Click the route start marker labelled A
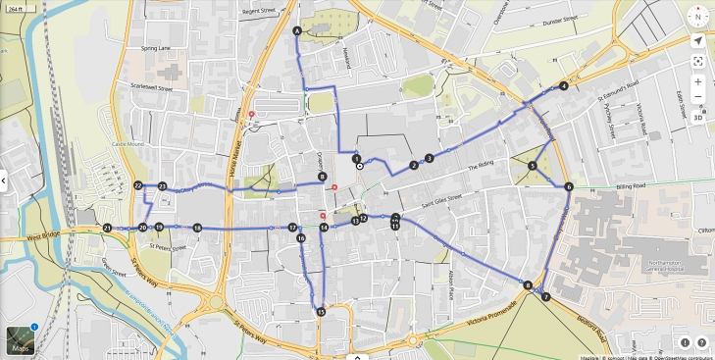pos(297,31)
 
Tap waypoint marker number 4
pos(564,86)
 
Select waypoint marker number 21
pos(106,228)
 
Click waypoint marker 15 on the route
pos(321,312)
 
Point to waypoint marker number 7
pos(546,296)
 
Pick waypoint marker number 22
pos(138,185)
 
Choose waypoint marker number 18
pos(197,229)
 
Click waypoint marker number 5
pos(532,166)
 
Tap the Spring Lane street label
pos(155,47)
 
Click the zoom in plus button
pos(697,81)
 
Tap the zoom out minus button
pos(697,98)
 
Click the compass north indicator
pos(697,18)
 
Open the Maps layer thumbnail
pos(20,339)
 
